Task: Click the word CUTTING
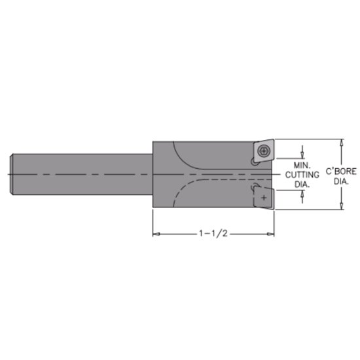[x=300, y=175]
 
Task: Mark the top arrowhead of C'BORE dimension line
[x=340, y=141]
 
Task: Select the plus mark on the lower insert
[x=263, y=196]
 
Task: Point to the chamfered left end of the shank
[x=14, y=174]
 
